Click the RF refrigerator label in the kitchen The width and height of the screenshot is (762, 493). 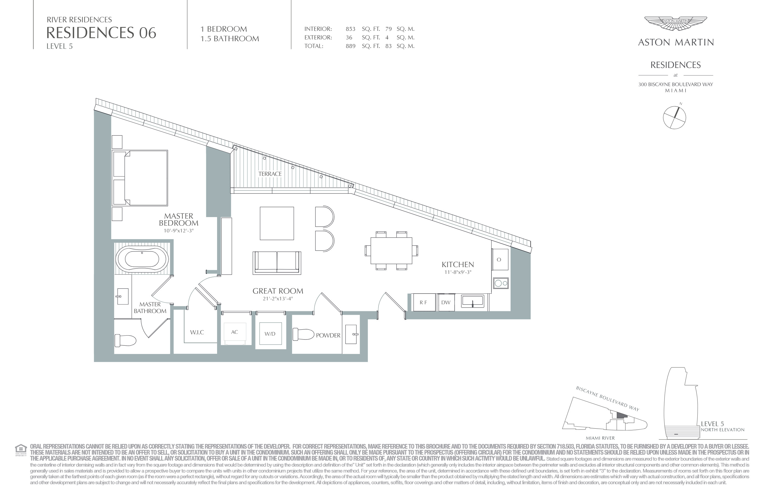pyautogui.click(x=423, y=303)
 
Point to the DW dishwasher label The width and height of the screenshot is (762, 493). pyautogui.click(x=446, y=303)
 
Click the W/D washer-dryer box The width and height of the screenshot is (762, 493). pyautogui.click(x=270, y=334)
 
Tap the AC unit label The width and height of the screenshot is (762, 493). pyautogui.click(x=235, y=332)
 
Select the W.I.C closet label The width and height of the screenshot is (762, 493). pyautogui.click(x=197, y=332)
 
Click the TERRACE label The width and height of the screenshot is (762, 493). pyautogui.click(x=270, y=174)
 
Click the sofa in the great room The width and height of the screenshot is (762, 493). pyautogui.click(x=277, y=263)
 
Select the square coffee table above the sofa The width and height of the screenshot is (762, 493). pyautogui.click(x=277, y=223)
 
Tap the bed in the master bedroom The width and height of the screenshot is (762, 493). pyautogui.click(x=140, y=178)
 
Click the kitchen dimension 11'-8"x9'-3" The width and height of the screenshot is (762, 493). pyautogui.click(x=458, y=272)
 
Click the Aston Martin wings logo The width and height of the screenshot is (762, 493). pyautogui.click(x=676, y=24)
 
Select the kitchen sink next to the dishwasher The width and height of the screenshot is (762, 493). pyautogui.click(x=473, y=302)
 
